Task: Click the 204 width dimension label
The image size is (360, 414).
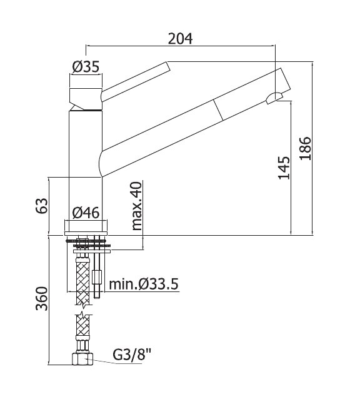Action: (180, 39)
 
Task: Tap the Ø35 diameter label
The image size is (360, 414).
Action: (86, 66)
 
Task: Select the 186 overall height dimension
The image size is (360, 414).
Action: (306, 148)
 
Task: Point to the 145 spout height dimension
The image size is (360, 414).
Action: (284, 168)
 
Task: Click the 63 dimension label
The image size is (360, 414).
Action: (42, 205)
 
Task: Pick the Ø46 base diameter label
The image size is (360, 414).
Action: (86, 213)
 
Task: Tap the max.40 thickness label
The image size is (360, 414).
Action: (137, 206)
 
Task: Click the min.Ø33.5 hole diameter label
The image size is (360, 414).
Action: (144, 285)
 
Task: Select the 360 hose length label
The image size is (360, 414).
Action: (42, 299)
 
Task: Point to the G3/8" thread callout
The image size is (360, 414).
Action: (131, 355)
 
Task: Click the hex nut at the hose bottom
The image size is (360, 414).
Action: (82, 359)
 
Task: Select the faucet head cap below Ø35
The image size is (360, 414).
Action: (86, 99)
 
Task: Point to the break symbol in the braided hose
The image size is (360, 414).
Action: (84, 310)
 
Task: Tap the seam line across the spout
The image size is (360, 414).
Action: (219, 109)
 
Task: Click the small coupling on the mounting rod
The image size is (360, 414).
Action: (97, 277)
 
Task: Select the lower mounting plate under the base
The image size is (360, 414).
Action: (92, 251)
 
